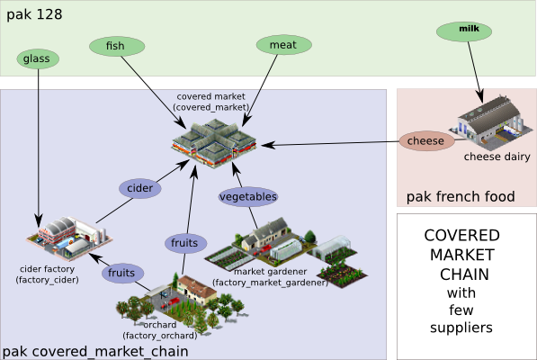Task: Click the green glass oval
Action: (x=38, y=58)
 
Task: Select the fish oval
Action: (x=117, y=46)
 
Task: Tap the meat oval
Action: (x=284, y=45)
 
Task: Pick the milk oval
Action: (x=464, y=31)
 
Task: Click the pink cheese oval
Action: (x=426, y=140)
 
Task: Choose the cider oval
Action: (x=140, y=188)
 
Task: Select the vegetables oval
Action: (x=248, y=196)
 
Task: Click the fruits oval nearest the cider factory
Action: (x=122, y=273)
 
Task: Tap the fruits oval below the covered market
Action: (x=185, y=243)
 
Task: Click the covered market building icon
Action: (x=214, y=143)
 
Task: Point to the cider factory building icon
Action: (x=69, y=238)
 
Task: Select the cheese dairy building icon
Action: (x=491, y=123)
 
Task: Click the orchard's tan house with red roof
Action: (x=197, y=290)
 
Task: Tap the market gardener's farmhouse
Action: (x=264, y=234)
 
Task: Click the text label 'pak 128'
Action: (x=34, y=14)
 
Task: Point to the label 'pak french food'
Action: (x=461, y=196)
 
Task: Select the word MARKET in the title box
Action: (x=461, y=255)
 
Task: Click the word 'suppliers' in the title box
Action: (x=461, y=328)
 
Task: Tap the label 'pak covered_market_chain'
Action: (x=95, y=352)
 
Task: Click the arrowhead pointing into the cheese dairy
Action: (x=480, y=96)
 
